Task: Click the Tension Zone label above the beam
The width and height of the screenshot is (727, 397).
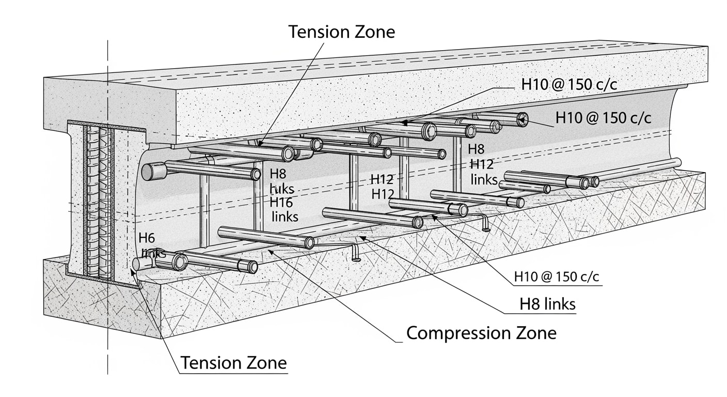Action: coord(341,32)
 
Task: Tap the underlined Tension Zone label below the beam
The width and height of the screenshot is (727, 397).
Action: coord(233,363)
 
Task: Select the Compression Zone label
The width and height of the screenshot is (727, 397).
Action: coord(481,333)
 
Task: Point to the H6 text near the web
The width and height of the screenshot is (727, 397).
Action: coord(147,238)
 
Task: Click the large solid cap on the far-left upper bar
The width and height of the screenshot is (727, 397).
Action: coord(152,171)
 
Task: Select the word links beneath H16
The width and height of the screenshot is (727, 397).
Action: coord(285,217)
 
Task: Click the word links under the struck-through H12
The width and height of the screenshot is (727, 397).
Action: coord(484,179)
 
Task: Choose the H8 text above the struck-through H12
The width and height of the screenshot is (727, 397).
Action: coord(476,149)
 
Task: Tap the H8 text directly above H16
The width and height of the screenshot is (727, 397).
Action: coord(278,174)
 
